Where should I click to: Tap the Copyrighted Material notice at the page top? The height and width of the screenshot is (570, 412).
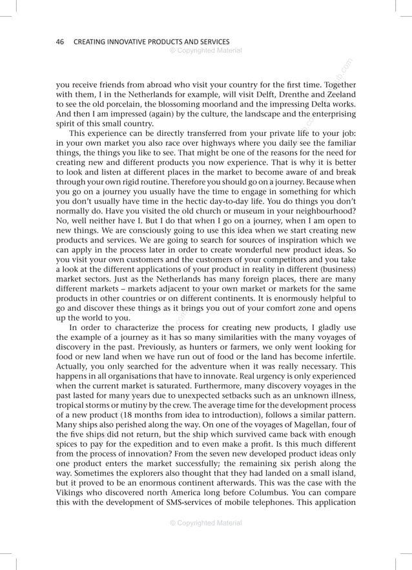205,50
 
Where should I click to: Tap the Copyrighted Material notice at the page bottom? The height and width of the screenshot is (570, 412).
205,523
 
